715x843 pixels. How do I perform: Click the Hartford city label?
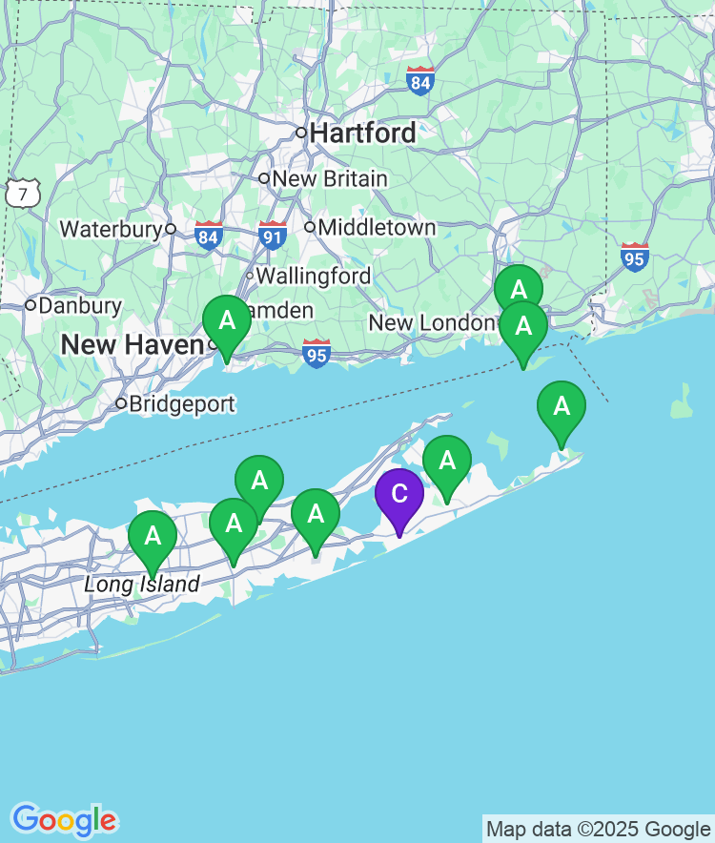coord(362,133)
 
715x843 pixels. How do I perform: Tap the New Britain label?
coord(330,179)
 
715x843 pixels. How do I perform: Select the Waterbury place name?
coord(112,229)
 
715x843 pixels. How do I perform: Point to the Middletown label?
coord(377,228)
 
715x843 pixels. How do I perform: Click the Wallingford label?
coord(313,277)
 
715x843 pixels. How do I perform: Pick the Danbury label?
coord(80,306)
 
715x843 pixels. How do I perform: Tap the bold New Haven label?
coord(133,345)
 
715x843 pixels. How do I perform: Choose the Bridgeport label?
coord(181,404)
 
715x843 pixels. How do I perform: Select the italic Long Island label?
coord(142,585)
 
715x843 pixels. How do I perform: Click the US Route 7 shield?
coord(20,194)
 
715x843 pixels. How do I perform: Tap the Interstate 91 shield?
coord(273,236)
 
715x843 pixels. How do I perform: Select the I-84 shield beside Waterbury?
coord(209,236)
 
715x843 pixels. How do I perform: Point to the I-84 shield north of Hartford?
coord(420,81)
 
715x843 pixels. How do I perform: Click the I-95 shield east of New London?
coord(635,257)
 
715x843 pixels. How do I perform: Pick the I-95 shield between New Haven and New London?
coord(317,353)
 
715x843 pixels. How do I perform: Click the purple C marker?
coord(398,495)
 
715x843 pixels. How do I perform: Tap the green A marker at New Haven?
coord(227,321)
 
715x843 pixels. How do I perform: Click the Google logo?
coord(64,820)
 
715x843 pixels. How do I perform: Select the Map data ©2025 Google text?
coord(599,829)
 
